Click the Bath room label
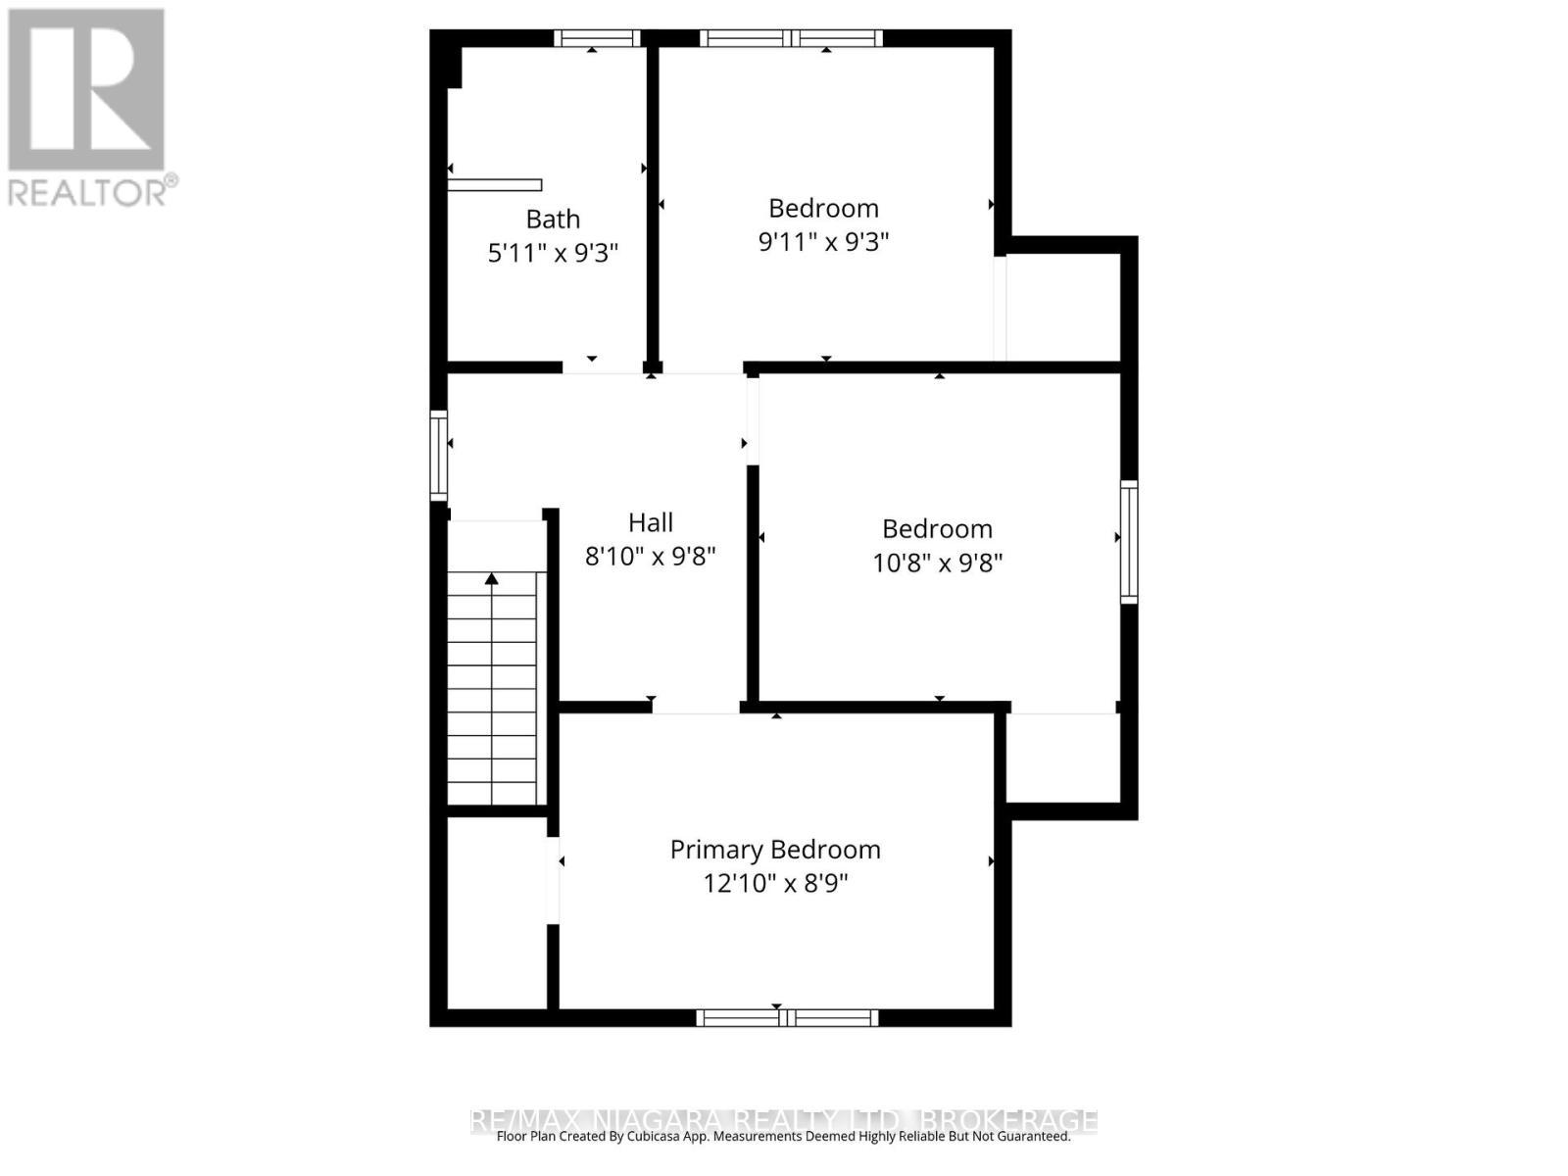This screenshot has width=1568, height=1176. point(553,220)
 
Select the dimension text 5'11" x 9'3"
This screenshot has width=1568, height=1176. point(553,253)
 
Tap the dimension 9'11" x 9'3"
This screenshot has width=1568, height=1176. point(823,241)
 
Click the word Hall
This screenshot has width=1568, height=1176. point(651,522)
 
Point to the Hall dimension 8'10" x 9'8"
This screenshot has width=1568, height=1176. point(651,557)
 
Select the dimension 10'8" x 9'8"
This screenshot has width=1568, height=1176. point(938,563)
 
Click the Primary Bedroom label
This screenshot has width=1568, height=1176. point(775,850)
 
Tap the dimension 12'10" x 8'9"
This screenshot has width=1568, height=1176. point(775,883)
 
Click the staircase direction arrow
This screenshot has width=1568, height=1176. point(491,580)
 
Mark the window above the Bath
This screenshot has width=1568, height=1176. point(596,39)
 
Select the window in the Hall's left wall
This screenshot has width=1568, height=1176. point(439,456)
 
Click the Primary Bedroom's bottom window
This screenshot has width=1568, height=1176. point(787,1018)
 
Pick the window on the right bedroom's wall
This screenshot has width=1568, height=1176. point(1129,542)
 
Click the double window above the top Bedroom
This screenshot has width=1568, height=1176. point(791,39)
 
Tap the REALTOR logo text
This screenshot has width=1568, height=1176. point(91,191)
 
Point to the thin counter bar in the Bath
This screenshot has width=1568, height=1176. point(495,185)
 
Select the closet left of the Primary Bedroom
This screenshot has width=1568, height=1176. point(496,911)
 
